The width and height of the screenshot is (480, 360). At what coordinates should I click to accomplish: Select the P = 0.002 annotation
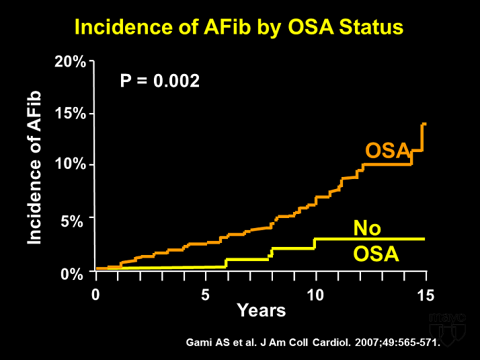159,81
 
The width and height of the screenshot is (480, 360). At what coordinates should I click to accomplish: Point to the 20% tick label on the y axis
70,63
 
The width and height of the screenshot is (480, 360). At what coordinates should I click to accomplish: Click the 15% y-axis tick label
70,113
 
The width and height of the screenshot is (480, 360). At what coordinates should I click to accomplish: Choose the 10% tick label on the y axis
70,165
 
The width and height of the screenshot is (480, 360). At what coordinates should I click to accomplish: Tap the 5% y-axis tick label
74,219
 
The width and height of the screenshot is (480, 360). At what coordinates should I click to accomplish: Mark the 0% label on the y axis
74,273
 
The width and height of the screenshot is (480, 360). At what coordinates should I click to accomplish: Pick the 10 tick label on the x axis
315,294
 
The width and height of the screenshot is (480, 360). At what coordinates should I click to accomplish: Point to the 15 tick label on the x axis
426,294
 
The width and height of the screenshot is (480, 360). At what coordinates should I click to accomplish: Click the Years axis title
261,310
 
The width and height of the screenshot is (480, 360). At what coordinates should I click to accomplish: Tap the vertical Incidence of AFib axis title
35,168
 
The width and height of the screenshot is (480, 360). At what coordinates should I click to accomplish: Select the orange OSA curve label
387,151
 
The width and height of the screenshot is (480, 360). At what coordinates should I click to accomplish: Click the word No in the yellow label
368,229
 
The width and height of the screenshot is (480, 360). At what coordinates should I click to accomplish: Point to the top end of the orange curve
424,124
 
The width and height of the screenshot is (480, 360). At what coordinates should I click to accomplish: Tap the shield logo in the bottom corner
447,326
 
